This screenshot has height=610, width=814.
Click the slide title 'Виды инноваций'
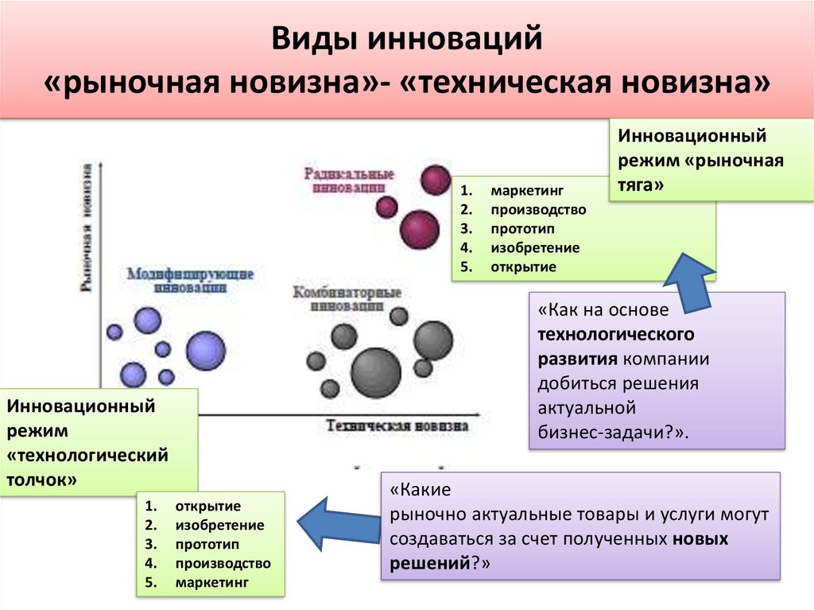[407, 39]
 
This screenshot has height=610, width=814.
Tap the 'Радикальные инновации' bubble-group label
[349, 181]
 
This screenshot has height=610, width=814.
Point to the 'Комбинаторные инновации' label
[345, 298]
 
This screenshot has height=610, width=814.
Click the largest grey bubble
[375, 372]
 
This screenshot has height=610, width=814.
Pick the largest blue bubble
[205, 351]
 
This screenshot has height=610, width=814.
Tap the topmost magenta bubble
[436, 180]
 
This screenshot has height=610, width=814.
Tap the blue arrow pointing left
[334, 522]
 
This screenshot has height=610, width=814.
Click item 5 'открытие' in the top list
[522, 266]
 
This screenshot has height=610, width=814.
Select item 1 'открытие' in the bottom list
[208, 506]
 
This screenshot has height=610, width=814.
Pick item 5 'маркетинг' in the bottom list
[212, 582]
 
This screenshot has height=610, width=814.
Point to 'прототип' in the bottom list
[207, 544]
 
